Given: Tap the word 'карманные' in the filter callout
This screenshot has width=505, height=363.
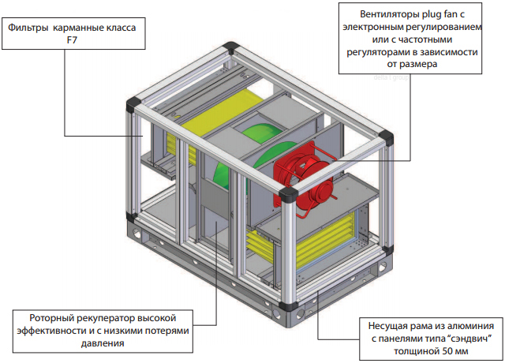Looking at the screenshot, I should coord(81,26).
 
